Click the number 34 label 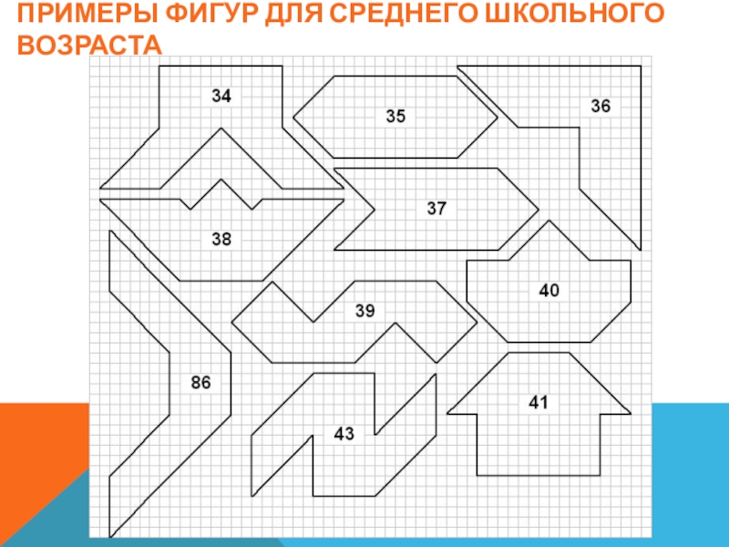221,95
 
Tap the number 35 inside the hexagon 395,116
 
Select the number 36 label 600,106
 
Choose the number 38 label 221,239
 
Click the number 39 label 364,311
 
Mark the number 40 549,290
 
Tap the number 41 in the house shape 539,400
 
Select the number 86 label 200,383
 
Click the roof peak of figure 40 548,221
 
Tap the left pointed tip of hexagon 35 293,117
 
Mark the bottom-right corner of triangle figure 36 640,249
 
